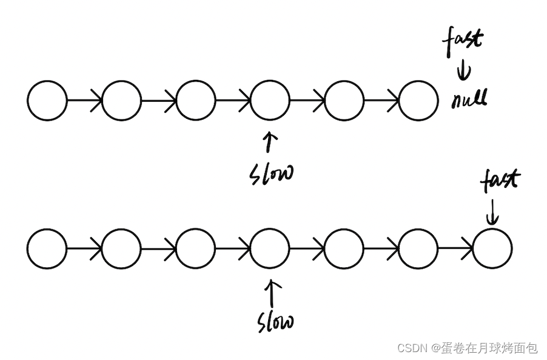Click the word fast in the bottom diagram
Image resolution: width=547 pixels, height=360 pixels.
[500, 179]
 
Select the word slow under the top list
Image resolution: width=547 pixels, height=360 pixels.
[271, 173]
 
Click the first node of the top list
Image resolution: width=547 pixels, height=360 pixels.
[47, 101]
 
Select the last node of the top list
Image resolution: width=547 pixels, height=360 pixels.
[418, 101]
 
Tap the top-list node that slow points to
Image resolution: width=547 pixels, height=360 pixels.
[270, 101]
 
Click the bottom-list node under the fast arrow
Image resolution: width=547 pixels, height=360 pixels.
[492, 248]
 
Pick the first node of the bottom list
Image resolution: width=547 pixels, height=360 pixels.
[47, 248]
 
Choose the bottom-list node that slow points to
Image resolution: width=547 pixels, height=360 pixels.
[270, 248]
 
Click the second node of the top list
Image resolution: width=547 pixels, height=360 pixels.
[121, 101]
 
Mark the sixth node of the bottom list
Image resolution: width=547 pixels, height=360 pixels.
[418, 248]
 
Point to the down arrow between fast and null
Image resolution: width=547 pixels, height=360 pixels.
[464, 71]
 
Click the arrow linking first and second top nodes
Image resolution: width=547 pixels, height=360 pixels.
[84, 101]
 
